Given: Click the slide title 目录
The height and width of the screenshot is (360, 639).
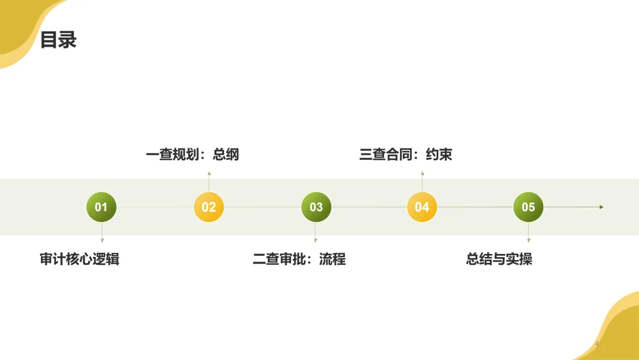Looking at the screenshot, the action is point(58,41).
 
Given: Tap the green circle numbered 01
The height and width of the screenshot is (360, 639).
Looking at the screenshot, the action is point(101,207).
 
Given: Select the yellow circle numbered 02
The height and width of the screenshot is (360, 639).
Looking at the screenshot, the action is point(209,207).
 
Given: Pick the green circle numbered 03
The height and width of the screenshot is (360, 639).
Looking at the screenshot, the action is point(316,207).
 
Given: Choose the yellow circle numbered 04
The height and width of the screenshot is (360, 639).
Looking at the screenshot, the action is point(422,207).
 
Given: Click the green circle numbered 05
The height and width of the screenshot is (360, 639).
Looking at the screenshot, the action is point(528,207).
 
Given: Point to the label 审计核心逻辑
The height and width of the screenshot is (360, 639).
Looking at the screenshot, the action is point(79,259).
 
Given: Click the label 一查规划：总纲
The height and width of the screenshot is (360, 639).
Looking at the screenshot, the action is point(192,155).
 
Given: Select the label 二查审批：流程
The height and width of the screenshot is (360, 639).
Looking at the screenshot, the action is point(299,259).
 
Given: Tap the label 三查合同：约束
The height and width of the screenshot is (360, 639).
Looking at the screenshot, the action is point(405,155).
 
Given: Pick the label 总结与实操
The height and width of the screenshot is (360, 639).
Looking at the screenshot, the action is point(499,259).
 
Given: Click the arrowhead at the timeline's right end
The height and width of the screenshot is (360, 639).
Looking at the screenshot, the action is point(601,207).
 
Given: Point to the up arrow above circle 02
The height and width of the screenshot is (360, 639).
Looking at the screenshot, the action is point(209,174).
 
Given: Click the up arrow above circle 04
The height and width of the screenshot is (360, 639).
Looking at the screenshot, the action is point(422,174).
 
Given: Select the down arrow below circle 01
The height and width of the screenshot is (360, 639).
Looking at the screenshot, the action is point(102,240).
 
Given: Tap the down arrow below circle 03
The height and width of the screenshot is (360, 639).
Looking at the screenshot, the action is point(315,240).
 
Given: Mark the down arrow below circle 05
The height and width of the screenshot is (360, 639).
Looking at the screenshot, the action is point(528,240).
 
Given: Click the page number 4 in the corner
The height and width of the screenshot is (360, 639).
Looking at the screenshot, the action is point(597,344).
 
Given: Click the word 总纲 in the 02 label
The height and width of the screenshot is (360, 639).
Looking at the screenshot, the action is point(225,155).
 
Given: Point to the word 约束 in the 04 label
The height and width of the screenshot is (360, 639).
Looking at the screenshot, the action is point(438,155).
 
